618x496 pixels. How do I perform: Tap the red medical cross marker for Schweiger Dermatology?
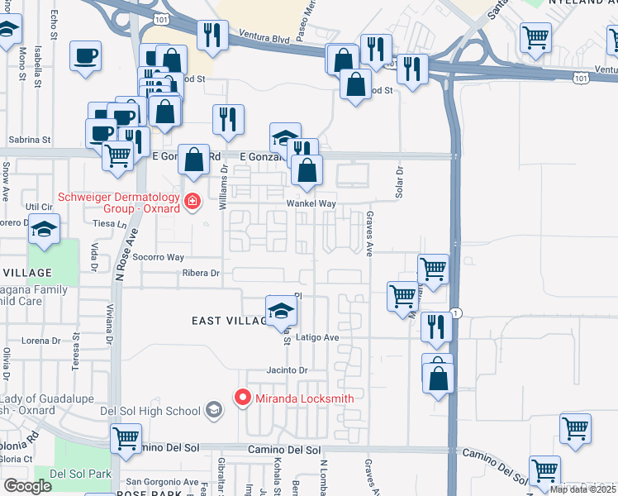[x=193, y=202]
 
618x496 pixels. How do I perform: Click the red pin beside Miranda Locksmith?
[x=243, y=398]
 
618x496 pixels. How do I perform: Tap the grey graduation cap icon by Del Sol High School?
[x=214, y=410]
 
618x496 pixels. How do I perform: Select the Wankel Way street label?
[x=311, y=203]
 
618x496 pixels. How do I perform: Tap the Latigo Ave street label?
[x=318, y=337]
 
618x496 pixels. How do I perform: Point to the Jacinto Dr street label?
[x=287, y=370]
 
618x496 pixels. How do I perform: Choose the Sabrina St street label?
[x=30, y=141]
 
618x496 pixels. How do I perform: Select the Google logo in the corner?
[x=29, y=486]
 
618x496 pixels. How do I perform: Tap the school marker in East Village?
[x=281, y=312]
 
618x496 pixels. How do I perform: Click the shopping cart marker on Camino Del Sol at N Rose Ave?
[x=126, y=439]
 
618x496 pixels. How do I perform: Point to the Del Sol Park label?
[x=80, y=474]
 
